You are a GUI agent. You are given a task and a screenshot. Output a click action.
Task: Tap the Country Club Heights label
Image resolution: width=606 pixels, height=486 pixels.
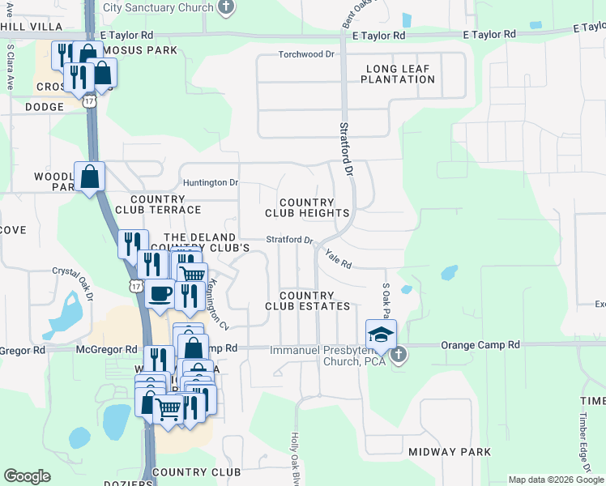pos(307,207)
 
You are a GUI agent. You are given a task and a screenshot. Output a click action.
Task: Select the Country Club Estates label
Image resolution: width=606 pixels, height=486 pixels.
pos(307,301)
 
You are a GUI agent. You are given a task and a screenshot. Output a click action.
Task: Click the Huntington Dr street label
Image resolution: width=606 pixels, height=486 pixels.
pos(210,182)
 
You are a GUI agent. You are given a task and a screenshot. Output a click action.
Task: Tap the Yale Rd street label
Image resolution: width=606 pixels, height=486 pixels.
pos(338,259)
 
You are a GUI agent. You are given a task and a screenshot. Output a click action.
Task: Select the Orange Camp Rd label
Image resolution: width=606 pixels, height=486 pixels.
pos(480,345)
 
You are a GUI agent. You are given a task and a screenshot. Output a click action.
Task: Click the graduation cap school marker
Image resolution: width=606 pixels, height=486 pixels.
pos(381,334)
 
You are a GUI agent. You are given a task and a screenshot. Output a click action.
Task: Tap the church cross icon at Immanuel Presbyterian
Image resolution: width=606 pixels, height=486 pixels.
pos(399,355)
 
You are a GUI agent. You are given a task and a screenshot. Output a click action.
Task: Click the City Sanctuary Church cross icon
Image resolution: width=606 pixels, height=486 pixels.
pos(226,7)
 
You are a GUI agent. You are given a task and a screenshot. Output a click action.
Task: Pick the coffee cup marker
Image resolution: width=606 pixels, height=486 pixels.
pos(160,292)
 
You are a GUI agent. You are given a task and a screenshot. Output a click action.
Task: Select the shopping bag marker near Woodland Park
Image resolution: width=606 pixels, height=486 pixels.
pos(89,176)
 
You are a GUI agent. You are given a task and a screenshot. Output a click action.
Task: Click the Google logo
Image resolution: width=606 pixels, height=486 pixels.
pos(27,476)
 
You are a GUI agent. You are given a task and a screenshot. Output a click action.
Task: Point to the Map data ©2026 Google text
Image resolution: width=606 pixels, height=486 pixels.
pos(555,480)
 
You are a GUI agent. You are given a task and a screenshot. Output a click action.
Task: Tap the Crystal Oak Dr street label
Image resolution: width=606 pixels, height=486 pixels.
pos(74,283)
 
